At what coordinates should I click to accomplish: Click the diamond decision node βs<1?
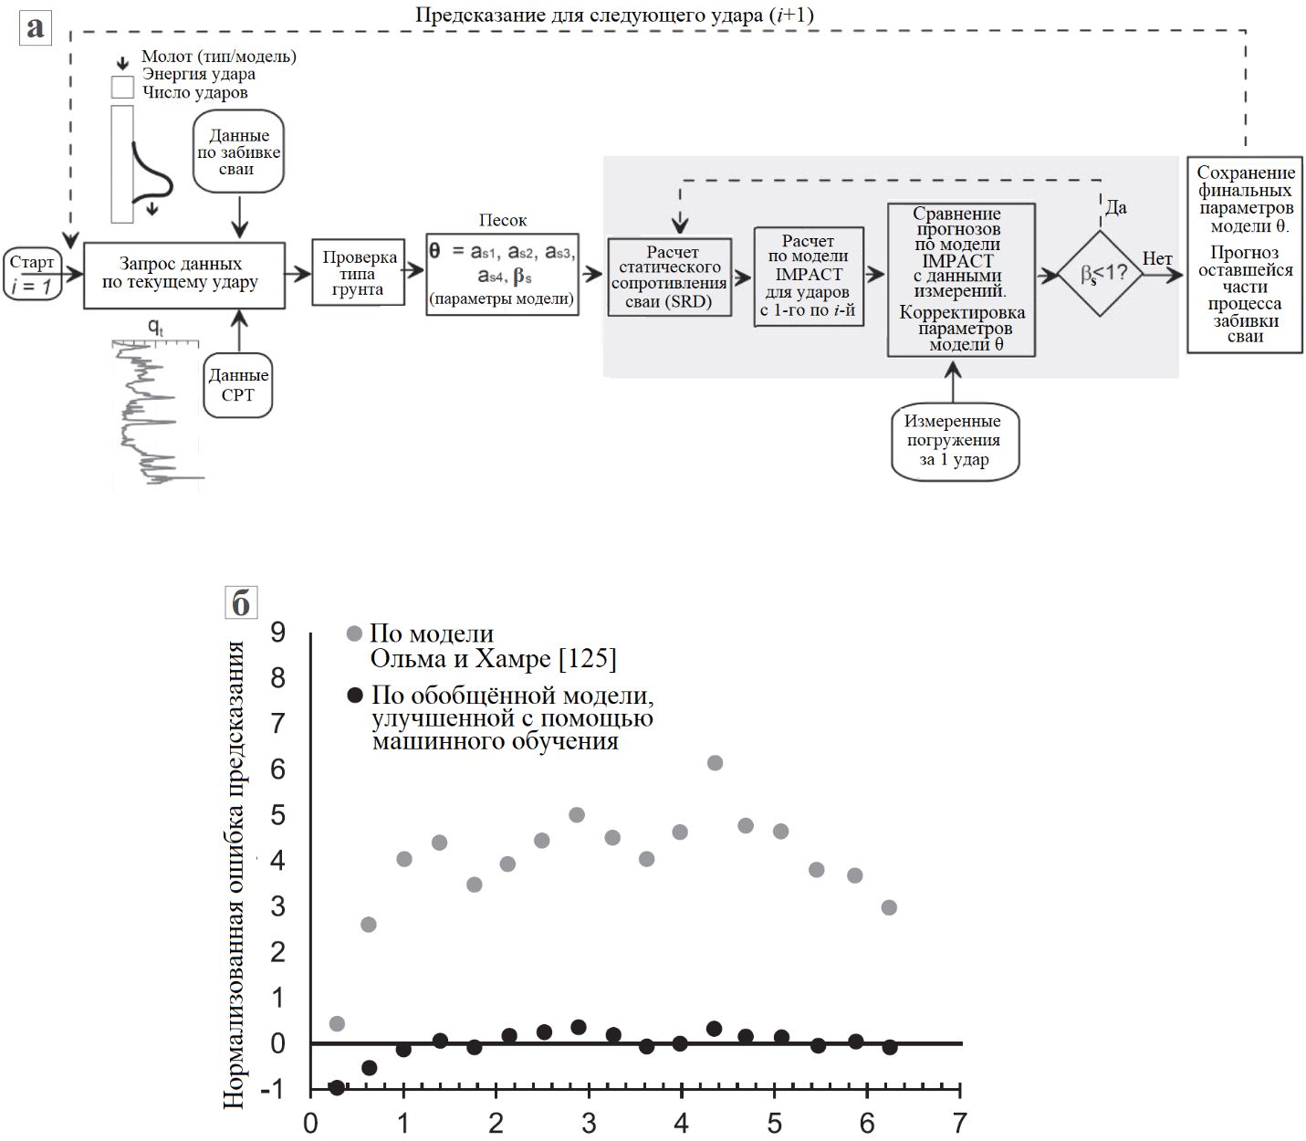click(x=1100, y=274)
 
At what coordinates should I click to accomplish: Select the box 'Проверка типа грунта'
click(x=358, y=274)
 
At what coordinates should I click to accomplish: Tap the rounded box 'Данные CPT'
click(x=238, y=385)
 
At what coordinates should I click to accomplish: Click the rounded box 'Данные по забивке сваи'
click(x=238, y=152)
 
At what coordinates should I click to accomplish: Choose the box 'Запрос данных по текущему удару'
click(x=183, y=274)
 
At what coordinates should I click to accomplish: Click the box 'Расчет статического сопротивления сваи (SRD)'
click(x=670, y=277)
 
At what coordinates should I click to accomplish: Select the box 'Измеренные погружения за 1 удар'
click(x=954, y=440)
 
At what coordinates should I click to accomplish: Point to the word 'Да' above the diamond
click(x=1115, y=207)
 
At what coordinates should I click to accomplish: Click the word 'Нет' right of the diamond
click(x=1157, y=259)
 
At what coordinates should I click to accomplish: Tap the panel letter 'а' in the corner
click(x=35, y=27)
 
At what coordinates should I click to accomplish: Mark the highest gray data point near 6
click(x=715, y=763)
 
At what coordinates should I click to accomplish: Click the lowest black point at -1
click(x=337, y=1087)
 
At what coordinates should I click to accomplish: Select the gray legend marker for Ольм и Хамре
click(x=355, y=633)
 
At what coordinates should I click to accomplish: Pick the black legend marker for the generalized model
click(x=356, y=696)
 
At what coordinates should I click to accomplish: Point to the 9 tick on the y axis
click(x=277, y=632)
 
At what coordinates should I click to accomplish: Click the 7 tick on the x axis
click(x=959, y=1123)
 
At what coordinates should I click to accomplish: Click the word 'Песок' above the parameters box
click(x=503, y=220)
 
